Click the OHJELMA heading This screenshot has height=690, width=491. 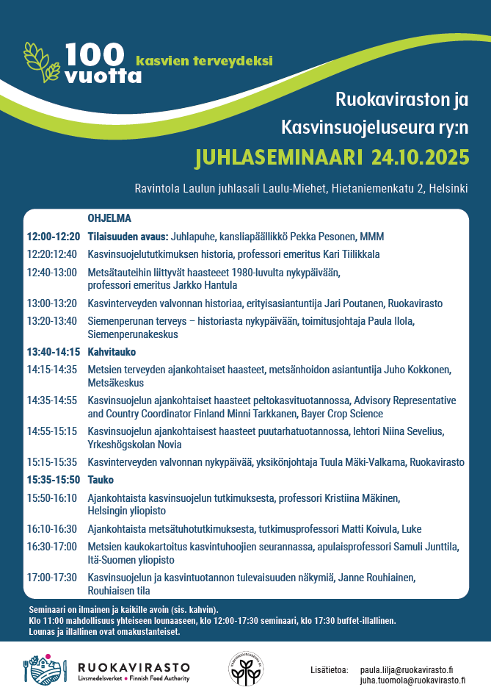pyautogui.click(x=109, y=218)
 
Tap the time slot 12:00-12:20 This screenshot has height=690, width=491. pyautogui.click(x=53, y=237)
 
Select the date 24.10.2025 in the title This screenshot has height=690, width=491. pyautogui.click(x=421, y=157)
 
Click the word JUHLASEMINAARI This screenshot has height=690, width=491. pyautogui.click(x=279, y=157)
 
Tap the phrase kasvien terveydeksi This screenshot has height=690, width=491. pyautogui.click(x=204, y=60)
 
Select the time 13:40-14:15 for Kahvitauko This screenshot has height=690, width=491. pyautogui.click(x=53, y=352)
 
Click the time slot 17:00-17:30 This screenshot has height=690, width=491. pyautogui.click(x=51, y=577)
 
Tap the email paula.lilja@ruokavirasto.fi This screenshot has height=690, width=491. pyautogui.click(x=406, y=670)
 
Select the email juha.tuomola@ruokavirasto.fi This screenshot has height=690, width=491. pyautogui.click(x=412, y=680)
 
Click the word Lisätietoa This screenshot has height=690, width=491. pyautogui.click(x=330, y=670)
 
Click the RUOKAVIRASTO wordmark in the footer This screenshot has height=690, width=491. pyautogui.click(x=134, y=666)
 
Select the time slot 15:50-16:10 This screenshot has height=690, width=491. pyautogui.click(x=51, y=497)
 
